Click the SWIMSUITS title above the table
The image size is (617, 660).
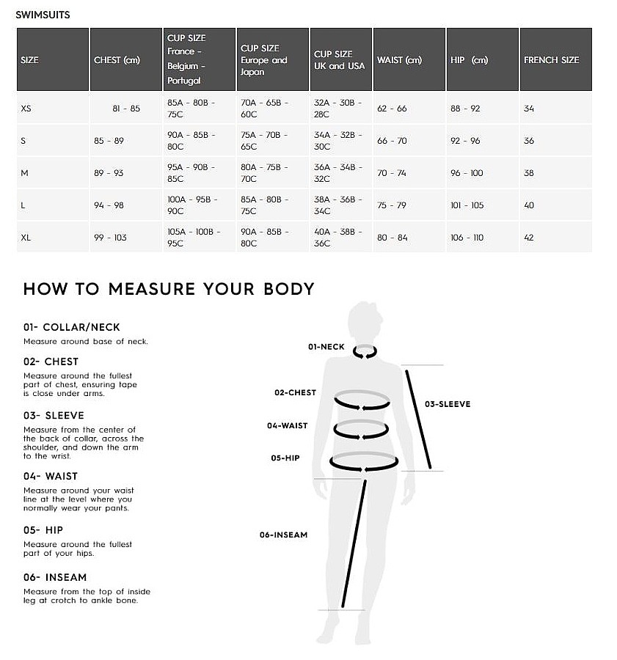[x=43, y=15]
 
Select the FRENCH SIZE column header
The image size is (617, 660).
[x=551, y=60]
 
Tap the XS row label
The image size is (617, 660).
[x=26, y=109]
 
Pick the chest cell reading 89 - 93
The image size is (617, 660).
[x=109, y=173]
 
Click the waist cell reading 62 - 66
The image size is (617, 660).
[x=392, y=109]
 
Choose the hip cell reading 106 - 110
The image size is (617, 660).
[x=467, y=238]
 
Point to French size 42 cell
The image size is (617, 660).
[x=529, y=238]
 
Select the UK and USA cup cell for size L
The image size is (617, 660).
[x=338, y=205]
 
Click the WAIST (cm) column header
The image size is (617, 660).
[x=399, y=60]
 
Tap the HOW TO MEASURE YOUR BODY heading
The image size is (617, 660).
[x=169, y=289]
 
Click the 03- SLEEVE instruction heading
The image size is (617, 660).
[x=54, y=416]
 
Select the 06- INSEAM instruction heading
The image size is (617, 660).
[x=55, y=577]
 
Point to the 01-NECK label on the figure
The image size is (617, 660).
[x=326, y=347]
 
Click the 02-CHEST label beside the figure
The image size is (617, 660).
[x=295, y=393]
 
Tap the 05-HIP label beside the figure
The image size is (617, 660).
[x=285, y=458]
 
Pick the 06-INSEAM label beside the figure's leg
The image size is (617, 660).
[x=283, y=535]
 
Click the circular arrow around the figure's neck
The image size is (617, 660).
[x=365, y=352]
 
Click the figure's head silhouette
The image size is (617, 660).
[x=365, y=320]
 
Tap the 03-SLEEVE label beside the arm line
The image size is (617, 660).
[x=448, y=404]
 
